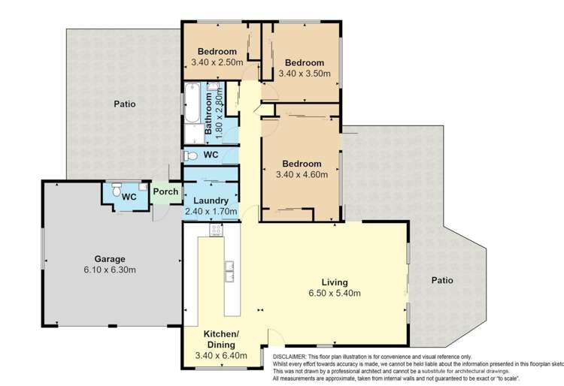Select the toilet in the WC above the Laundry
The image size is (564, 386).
tap(192, 155)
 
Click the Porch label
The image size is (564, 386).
tap(165, 192)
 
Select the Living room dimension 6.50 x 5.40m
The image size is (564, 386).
tap(335, 294)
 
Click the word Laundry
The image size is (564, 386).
tap(211, 201)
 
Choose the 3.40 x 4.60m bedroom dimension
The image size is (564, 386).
tap(302, 175)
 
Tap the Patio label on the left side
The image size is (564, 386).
tap(125, 104)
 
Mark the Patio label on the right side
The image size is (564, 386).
tap(442, 281)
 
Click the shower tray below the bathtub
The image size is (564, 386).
tap(193, 136)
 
